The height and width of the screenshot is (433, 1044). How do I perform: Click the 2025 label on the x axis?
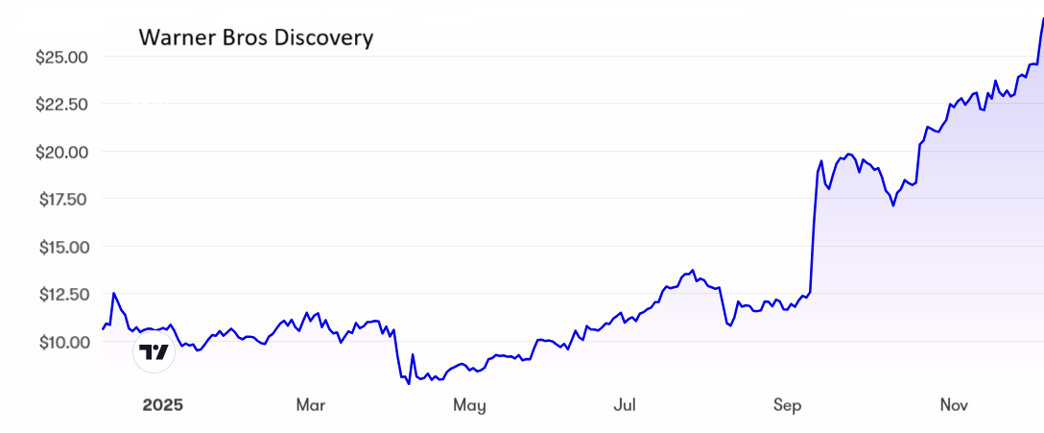tap(162, 405)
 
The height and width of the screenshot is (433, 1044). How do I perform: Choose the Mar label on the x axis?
tap(311, 405)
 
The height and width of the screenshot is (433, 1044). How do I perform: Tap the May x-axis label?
tap(469, 405)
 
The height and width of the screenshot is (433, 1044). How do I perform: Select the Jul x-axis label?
tap(625, 405)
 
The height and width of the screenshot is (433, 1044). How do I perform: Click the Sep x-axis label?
tap(788, 405)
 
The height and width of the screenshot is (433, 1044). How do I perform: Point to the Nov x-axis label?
tap(954, 405)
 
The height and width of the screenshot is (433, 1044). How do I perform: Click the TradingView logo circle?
tap(154, 351)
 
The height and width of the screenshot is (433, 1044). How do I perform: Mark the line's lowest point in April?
tap(409, 384)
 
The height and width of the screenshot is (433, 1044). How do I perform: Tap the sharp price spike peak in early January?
tap(114, 293)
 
